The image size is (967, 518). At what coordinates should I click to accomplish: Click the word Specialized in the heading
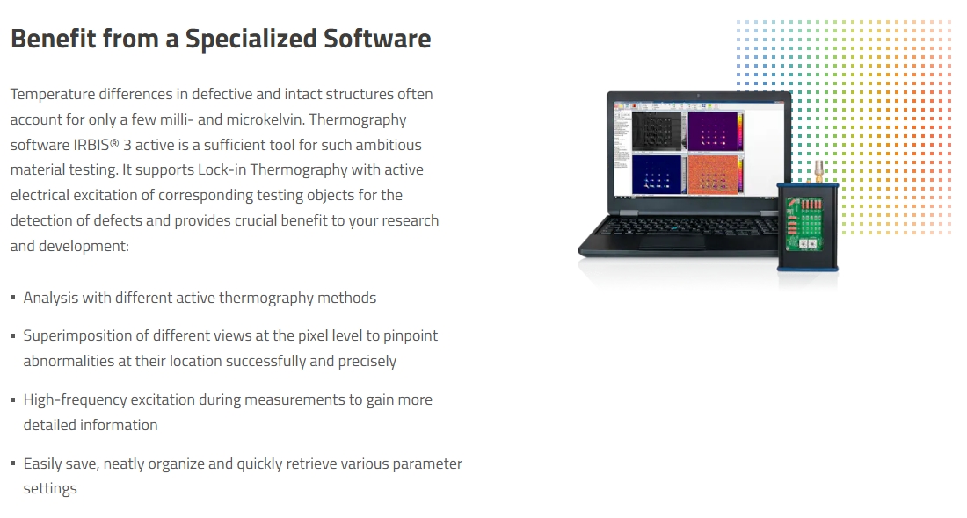(251, 39)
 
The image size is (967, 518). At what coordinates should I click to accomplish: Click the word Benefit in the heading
(53, 38)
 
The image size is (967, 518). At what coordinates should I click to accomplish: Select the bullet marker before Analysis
(13, 299)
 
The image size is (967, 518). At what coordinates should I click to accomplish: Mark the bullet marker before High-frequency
(13, 399)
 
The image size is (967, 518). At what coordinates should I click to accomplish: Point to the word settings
(50, 489)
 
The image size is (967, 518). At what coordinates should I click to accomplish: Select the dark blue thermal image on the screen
(657, 174)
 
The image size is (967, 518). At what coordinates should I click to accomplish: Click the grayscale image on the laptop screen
(657, 130)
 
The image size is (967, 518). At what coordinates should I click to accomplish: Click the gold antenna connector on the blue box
(819, 171)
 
